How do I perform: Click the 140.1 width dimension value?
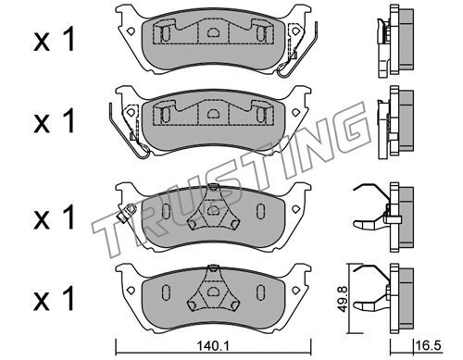(213, 346)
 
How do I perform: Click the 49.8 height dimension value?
(343, 299)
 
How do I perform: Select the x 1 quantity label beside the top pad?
(55, 39)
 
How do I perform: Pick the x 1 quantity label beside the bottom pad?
(55, 298)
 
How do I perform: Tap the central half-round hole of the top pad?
(213, 31)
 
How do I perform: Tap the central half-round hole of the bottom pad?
(213, 291)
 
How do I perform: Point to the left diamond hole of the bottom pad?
(131, 290)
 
